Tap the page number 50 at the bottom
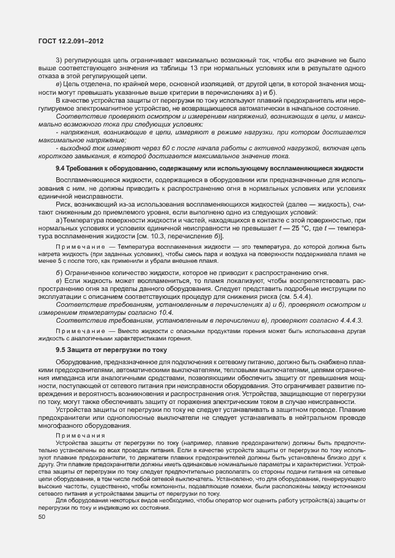pos(42,517)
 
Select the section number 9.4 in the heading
pos(61,167)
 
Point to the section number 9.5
pos(61,350)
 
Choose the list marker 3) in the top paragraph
pos(59,61)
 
